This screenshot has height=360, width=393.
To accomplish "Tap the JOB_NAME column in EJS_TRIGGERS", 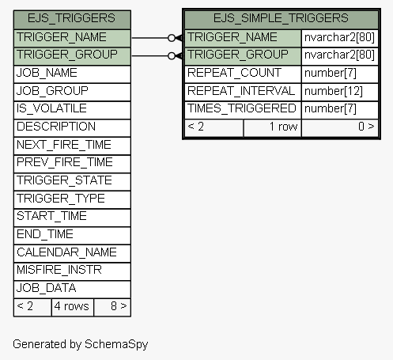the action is (72, 74).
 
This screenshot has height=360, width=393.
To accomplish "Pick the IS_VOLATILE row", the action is (72, 110).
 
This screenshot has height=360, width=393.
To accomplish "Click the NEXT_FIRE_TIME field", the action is (72, 146).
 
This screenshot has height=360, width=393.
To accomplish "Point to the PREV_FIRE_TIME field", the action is (72, 164).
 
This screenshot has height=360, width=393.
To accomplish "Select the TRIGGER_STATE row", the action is (72, 182).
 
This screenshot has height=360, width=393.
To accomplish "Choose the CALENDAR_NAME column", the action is (72, 253).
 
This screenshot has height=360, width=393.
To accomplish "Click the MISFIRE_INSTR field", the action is (72, 271).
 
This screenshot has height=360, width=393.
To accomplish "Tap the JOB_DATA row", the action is (72, 290).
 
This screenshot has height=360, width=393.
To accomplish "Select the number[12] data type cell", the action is (340, 92).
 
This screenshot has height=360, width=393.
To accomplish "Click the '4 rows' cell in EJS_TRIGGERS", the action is (73, 307).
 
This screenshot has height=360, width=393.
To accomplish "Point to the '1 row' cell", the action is (272, 128).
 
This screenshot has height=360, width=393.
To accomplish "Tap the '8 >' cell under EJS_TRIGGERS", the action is (112, 307).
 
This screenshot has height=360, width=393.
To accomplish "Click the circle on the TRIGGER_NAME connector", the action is (172, 38).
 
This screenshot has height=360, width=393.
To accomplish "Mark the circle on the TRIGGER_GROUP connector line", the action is (172, 56).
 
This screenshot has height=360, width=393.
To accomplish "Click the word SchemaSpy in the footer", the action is (116, 344).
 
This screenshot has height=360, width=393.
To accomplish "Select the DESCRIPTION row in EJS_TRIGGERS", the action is (72, 128).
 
